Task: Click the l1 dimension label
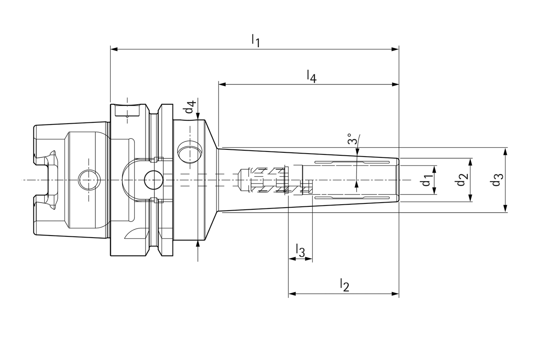click(x=256, y=41)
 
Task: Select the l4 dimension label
click(x=311, y=76)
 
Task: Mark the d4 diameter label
click(x=190, y=107)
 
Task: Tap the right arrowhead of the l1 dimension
click(x=395, y=49)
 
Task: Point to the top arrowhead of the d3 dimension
click(x=506, y=151)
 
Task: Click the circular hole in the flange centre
click(x=153, y=180)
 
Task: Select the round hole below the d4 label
click(x=189, y=152)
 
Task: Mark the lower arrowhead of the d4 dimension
click(x=198, y=243)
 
